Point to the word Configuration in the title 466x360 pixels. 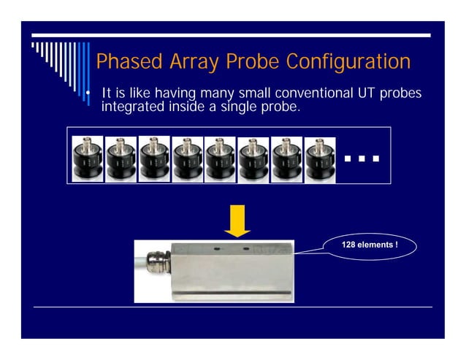point(348,62)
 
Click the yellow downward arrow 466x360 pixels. point(237,221)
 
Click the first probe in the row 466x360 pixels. point(87,158)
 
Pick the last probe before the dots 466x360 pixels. point(320,158)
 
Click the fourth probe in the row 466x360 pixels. point(188,158)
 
